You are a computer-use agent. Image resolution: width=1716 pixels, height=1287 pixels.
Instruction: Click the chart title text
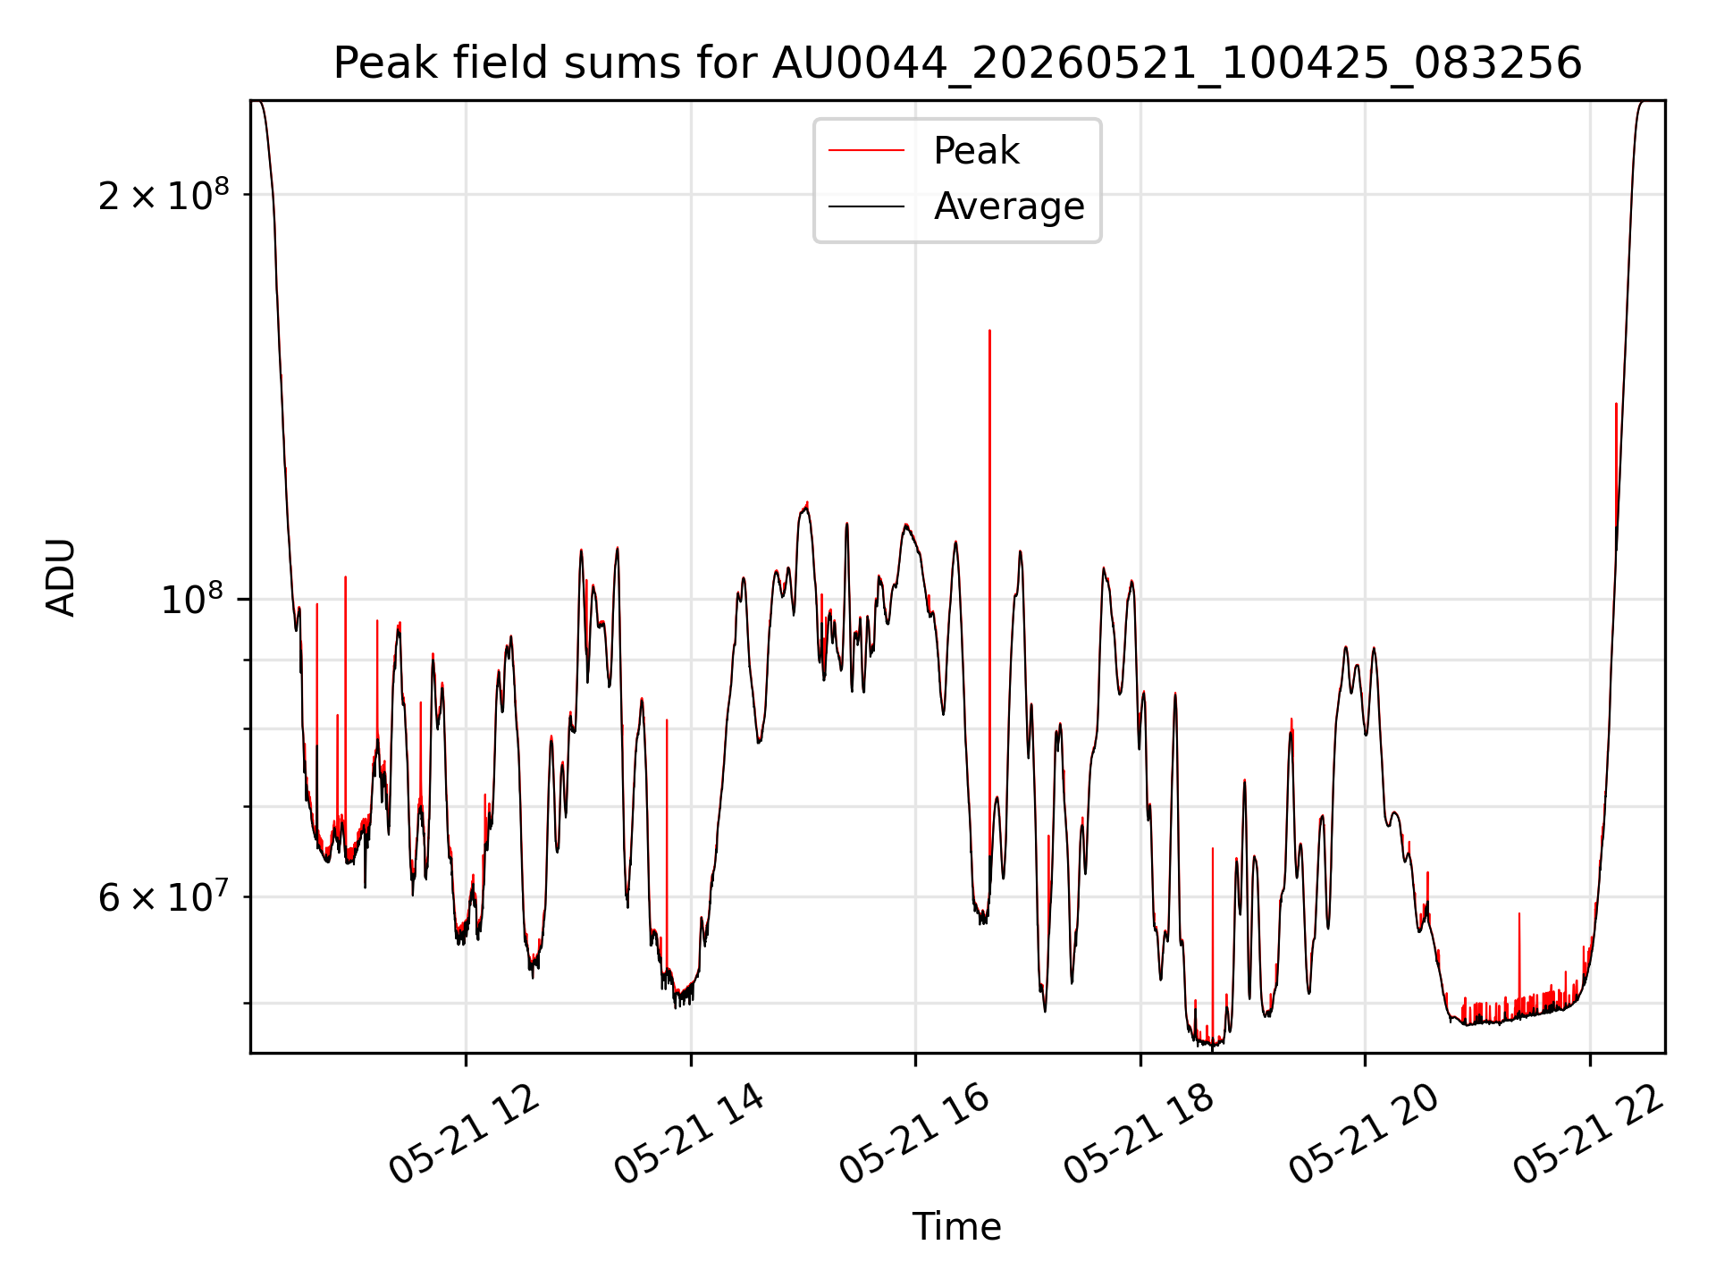tap(957, 63)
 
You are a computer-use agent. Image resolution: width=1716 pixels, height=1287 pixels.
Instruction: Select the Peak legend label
tap(976, 150)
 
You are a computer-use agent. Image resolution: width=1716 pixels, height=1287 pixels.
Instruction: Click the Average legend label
tap(1009, 206)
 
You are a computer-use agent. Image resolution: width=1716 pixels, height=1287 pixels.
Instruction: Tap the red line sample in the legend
tap(866, 150)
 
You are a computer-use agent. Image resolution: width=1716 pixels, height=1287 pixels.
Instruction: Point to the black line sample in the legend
tap(866, 206)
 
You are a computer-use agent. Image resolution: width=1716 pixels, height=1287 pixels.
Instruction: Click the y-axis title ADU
tap(61, 576)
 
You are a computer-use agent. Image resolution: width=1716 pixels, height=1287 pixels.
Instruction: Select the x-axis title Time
tap(956, 1226)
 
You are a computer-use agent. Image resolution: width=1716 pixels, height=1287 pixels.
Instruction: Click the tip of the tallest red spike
tap(989, 331)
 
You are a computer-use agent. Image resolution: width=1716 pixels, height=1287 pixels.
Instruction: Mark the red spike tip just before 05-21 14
tap(667, 719)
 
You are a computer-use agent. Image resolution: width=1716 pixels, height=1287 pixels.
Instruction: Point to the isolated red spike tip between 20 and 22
tap(1518, 913)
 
